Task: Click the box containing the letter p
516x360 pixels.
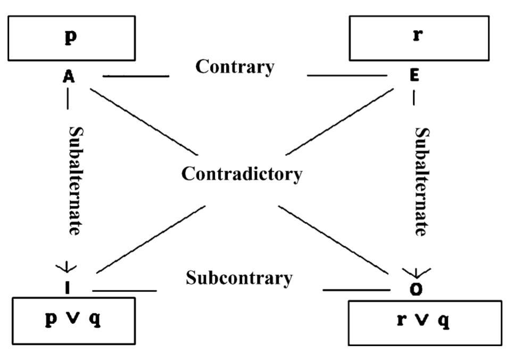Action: click(x=71, y=38)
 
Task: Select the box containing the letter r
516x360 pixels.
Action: click(x=419, y=38)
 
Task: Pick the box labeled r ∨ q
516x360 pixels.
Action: click(x=425, y=323)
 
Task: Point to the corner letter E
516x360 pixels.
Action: click(x=414, y=76)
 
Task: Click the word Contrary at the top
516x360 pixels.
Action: click(x=235, y=67)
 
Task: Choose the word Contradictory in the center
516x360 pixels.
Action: click(x=242, y=174)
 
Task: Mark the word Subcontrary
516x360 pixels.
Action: click(x=239, y=278)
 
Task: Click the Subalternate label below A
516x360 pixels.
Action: click(x=76, y=181)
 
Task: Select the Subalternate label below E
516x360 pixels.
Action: click(x=422, y=181)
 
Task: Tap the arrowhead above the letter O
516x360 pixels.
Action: click(x=415, y=273)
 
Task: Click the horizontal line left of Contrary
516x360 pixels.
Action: click(x=136, y=77)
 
